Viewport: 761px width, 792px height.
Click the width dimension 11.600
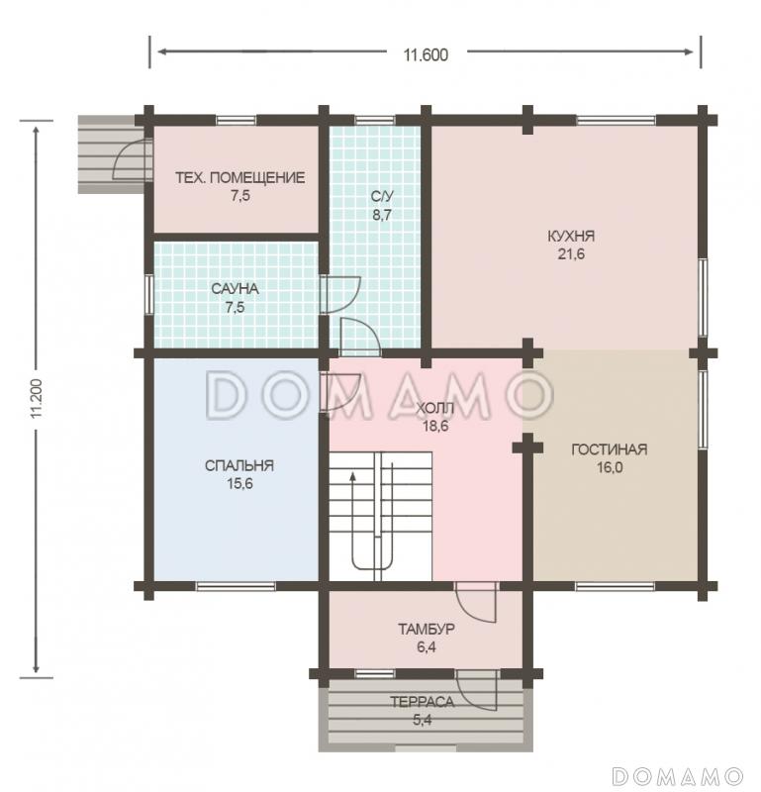[x=426, y=54]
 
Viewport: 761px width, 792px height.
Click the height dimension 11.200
[x=36, y=398]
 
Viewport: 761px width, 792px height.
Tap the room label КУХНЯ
[x=571, y=236]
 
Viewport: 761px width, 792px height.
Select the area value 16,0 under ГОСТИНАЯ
[x=610, y=467]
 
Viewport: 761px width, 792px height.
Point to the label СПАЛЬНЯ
[x=239, y=465]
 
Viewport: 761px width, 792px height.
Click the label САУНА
[x=235, y=289]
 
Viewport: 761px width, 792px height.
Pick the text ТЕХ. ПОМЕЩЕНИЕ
[x=240, y=178]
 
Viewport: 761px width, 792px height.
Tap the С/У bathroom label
[x=382, y=196]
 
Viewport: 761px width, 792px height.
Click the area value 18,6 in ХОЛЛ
[x=435, y=426]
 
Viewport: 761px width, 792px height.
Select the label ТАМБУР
[x=427, y=629]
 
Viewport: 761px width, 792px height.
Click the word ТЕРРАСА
[x=423, y=702]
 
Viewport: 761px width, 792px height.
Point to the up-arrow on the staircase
[x=353, y=475]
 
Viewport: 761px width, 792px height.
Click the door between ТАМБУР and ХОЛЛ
[x=475, y=602]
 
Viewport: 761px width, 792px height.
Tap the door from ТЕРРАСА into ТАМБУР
[x=477, y=690]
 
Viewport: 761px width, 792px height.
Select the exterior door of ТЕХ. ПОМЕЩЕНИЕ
[x=133, y=159]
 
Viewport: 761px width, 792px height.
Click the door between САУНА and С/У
[x=340, y=294]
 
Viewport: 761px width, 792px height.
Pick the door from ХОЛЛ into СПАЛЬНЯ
[x=340, y=392]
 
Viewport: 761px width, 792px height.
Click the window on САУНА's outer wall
[x=149, y=294]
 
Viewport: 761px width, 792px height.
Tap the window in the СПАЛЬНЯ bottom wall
[x=236, y=586]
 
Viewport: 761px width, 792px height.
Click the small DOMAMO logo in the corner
[x=677, y=775]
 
